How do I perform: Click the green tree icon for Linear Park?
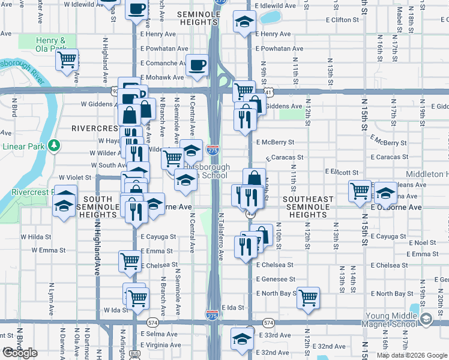pyautogui.click(x=54, y=145)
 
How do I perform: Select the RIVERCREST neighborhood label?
pyautogui.click(x=95, y=128)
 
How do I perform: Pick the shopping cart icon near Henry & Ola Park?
pyautogui.click(x=67, y=59)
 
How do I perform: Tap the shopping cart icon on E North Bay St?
pyautogui.click(x=308, y=297)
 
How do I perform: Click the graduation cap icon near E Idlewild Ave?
pyautogui.click(x=244, y=23)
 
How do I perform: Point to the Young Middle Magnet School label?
pyautogui.click(x=391, y=320)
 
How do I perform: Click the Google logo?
pyautogui.click(x=20, y=353)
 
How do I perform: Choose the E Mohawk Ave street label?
pyautogui.click(x=162, y=77)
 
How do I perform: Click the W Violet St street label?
pyautogui.click(x=74, y=178)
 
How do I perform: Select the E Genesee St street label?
pyautogui.click(x=276, y=280)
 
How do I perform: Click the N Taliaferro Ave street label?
pyautogui.click(x=221, y=236)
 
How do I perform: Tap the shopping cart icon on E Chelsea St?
pyautogui.click(x=130, y=261)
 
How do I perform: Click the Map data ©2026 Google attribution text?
pyautogui.click(x=412, y=355)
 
